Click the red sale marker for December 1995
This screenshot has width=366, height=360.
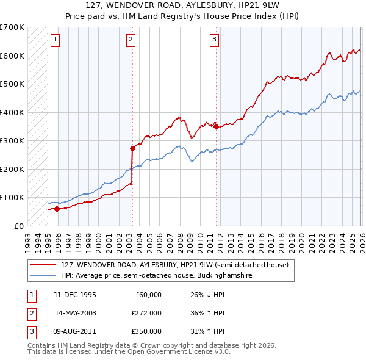57,209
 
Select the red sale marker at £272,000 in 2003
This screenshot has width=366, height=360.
132,148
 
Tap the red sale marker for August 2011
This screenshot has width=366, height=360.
216,126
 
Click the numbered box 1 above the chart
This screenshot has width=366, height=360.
55,40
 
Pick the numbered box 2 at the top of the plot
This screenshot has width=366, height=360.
131,40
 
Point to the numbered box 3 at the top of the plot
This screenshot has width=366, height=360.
215,40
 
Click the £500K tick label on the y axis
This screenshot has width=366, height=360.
12,84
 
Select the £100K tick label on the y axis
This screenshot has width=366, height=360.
12,198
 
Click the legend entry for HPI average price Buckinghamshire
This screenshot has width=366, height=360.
156,276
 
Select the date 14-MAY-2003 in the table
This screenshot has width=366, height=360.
76,313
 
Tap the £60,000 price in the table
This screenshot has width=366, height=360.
148,295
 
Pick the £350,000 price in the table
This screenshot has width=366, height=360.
146,331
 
